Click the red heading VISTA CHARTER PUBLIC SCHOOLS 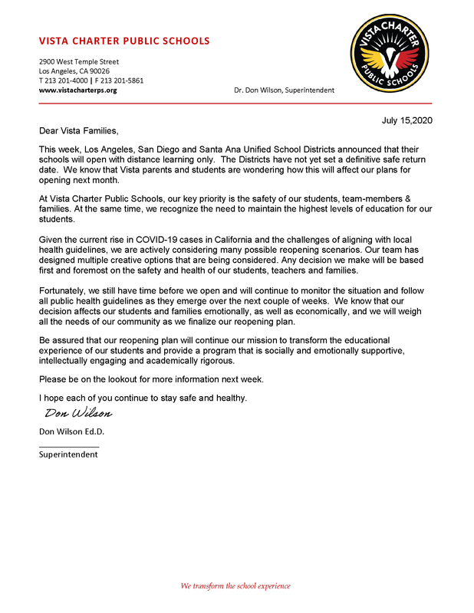(x=124, y=41)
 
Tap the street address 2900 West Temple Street (x=79, y=61)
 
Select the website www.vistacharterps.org (x=77, y=90)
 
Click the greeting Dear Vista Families (x=79, y=131)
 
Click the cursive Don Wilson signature (x=77, y=414)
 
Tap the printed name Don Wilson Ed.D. (x=71, y=431)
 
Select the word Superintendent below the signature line (x=68, y=454)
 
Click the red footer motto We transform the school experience (x=235, y=586)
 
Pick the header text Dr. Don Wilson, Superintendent (x=284, y=90)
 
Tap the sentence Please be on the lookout (x=151, y=379)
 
